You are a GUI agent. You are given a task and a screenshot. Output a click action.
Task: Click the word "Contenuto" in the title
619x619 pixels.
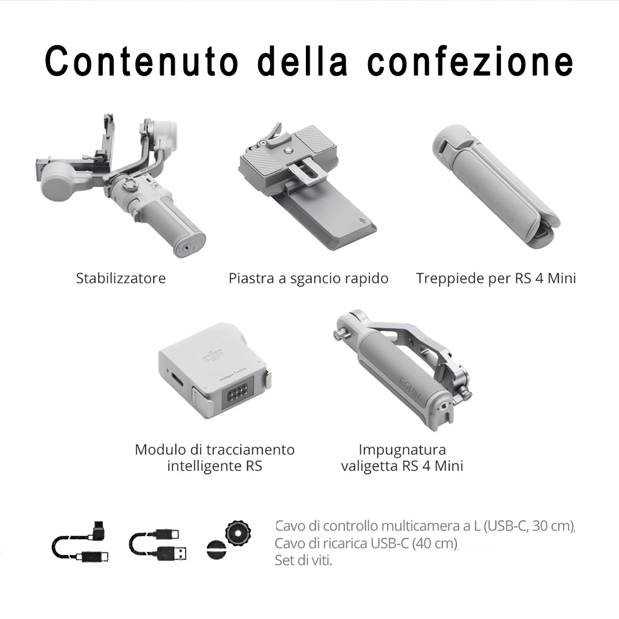[141, 61]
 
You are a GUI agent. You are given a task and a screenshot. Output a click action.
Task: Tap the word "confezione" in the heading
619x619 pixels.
[470, 61]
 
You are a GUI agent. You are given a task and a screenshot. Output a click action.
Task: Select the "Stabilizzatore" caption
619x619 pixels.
[121, 278]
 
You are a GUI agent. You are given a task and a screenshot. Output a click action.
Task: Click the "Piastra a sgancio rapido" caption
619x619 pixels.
[308, 279]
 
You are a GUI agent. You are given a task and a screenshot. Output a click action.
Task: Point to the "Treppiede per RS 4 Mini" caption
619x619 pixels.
[496, 278]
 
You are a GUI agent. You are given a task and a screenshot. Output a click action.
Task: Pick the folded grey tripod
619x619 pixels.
[496, 186]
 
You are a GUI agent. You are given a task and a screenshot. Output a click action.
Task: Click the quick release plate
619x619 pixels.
[307, 186]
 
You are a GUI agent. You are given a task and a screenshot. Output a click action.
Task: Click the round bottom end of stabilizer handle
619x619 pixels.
[189, 244]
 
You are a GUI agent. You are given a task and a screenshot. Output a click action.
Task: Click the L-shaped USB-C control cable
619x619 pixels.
[81, 542]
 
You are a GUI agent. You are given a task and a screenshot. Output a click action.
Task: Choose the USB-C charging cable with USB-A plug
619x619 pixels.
[158, 545]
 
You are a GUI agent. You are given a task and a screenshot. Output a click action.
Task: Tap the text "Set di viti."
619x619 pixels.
[303, 560]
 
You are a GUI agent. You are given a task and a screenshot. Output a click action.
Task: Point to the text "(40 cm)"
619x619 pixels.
[435, 543]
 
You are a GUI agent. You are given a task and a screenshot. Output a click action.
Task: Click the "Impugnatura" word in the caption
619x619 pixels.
[402, 450]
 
